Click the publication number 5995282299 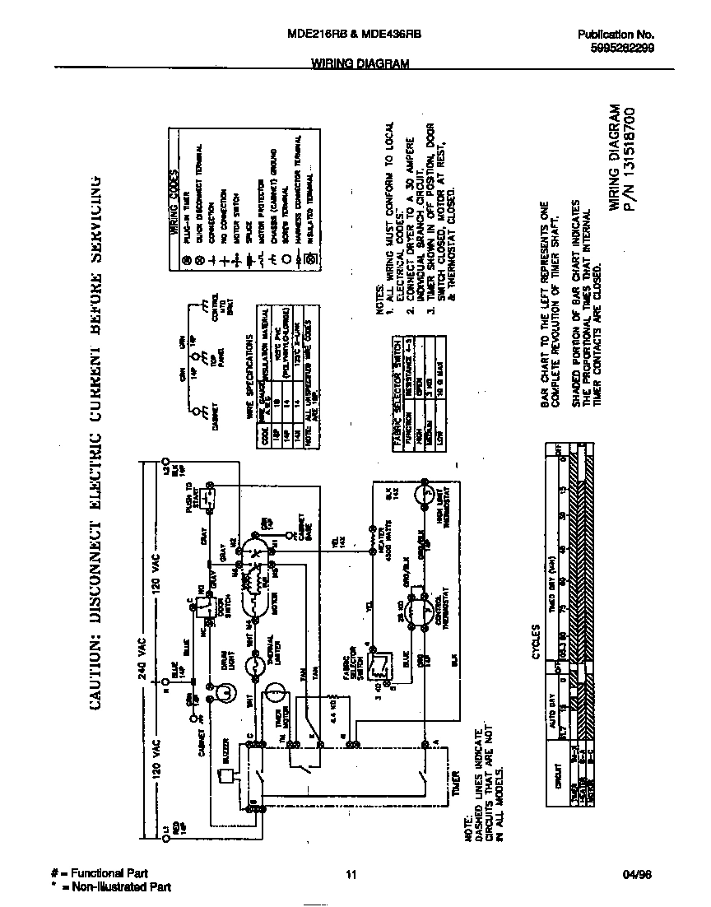coord(621,48)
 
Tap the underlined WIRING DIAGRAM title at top coord(360,63)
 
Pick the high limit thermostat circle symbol coord(426,493)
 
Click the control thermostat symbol coord(425,610)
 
